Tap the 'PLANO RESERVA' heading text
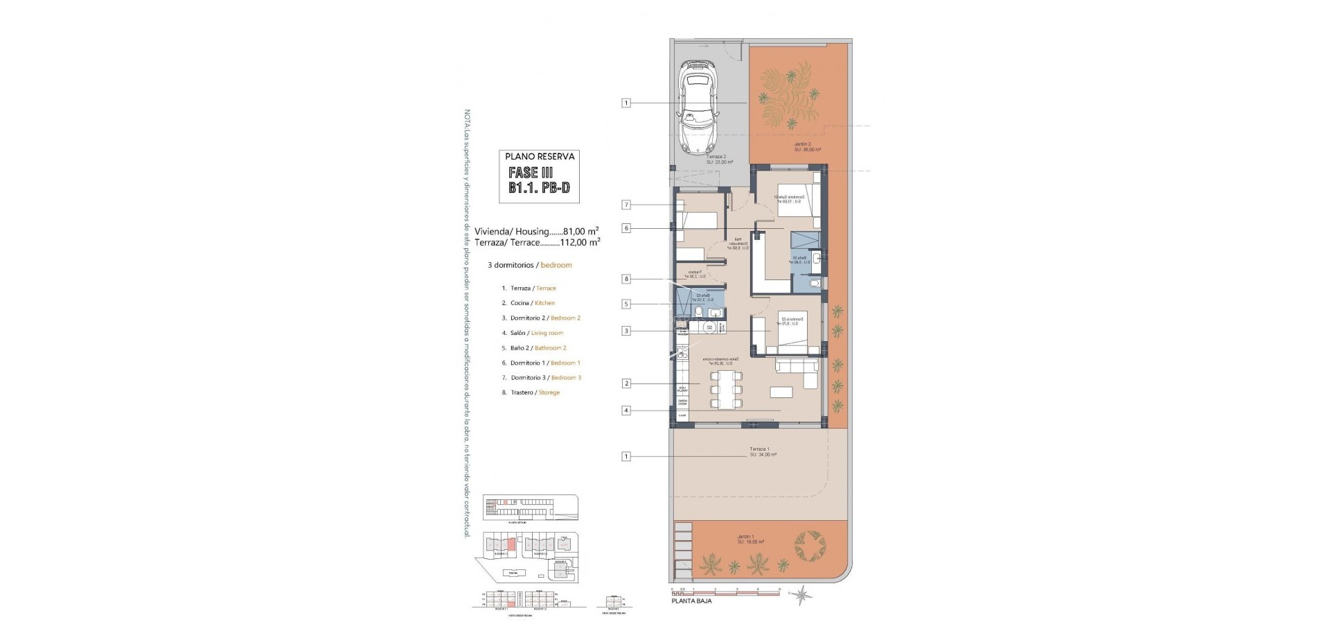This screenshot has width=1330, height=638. (x=540, y=157)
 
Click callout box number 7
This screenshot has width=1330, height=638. (x=626, y=205)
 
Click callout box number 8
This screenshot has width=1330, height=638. (x=626, y=279)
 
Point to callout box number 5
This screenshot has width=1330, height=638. (x=626, y=304)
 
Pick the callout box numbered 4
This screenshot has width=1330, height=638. (x=626, y=411)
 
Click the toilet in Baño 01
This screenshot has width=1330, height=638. (x=815, y=284)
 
